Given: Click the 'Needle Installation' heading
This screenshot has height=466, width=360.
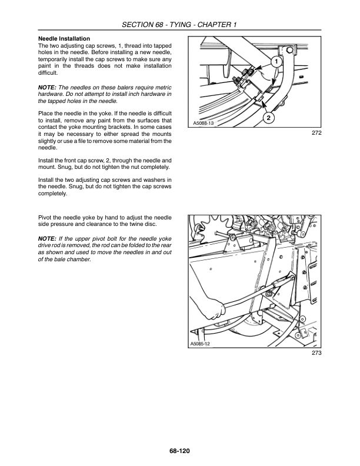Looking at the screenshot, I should [64, 38].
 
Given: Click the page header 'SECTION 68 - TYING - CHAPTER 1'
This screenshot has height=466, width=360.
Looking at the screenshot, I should [179, 24].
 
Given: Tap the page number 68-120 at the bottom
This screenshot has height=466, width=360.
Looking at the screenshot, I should [179, 451].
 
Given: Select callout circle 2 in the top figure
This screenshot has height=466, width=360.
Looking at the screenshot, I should [268, 118].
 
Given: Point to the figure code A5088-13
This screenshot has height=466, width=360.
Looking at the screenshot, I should [204, 124].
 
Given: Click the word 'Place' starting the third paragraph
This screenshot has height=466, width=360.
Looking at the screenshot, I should [46, 112].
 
